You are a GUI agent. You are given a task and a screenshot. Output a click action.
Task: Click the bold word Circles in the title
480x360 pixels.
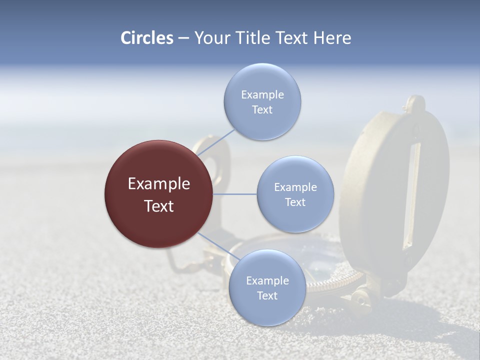coord(146,38)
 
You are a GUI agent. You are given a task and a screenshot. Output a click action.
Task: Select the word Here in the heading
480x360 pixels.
coord(332,38)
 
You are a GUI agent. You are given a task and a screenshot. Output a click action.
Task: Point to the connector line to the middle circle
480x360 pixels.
coord(235,194)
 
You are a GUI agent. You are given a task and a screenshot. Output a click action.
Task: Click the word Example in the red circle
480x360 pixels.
coord(158,184)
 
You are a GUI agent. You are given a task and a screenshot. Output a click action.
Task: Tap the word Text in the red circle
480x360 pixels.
coord(158,206)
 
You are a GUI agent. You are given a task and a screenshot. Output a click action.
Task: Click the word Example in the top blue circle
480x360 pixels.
coord(262,95)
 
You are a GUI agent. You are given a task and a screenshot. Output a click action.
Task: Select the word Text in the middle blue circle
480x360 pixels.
coord(295,202)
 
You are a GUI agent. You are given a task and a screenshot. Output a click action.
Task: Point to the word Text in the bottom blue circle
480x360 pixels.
coord(267,295)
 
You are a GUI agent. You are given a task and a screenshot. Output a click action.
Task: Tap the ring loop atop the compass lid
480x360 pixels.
coord(415,104)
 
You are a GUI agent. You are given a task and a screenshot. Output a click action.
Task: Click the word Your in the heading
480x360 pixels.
coord(211,38)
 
